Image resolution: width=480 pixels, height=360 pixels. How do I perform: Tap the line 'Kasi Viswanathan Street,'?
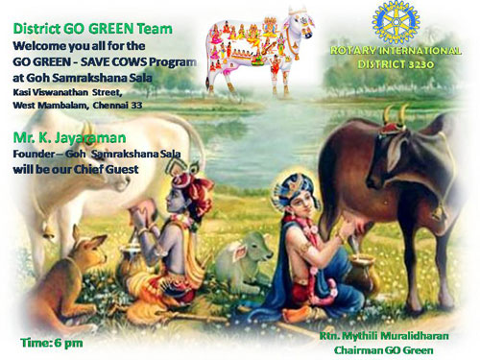68,89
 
